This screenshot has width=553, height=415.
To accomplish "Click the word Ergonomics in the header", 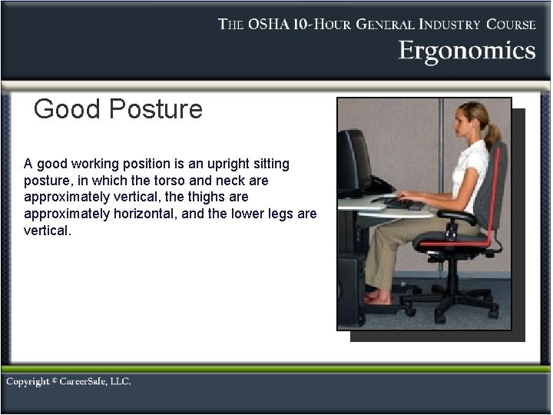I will tap(466, 51).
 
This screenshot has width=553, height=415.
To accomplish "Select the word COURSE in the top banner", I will tap(509, 24).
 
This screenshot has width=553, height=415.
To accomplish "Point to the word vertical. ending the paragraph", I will tap(47, 231).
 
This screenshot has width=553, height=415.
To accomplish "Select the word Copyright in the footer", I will tap(28, 382).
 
